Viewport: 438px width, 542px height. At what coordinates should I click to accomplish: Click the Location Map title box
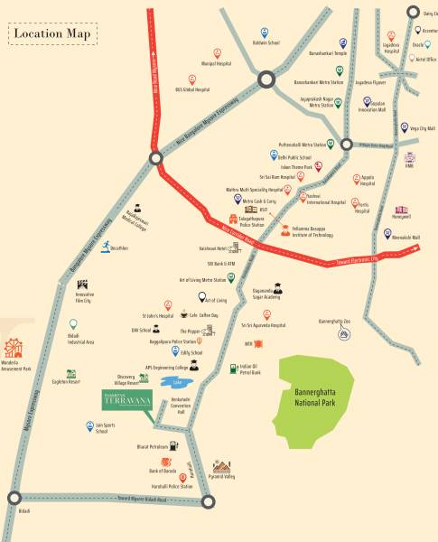tap(53, 33)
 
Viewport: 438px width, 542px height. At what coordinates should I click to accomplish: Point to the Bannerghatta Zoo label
tap(334, 320)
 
